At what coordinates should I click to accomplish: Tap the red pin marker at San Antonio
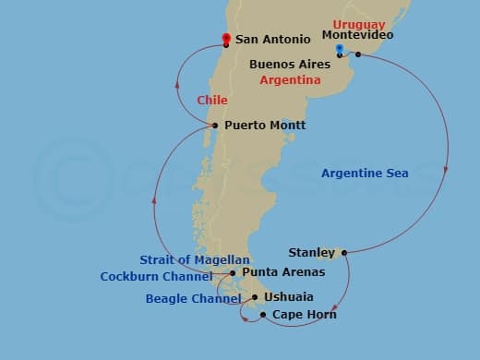[x=226, y=39]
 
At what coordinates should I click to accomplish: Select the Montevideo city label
[x=357, y=35]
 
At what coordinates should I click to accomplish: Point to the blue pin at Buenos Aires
[x=340, y=49]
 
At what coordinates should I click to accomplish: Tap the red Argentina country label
[x=290, y=80]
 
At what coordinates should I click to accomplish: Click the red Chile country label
[x=212, y=100]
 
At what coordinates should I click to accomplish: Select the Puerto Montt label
[x=265, y=125]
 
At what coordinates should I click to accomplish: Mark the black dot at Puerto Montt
[x=215, y=126]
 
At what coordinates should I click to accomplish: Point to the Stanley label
[x=311, y=252]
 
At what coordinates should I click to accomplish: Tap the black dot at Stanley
[x=343, y=252]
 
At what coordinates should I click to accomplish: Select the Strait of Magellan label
[x=195, y=259]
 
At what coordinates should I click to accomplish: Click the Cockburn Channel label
[x=156, y=276]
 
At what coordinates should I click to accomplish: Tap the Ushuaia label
[x=288, y=297]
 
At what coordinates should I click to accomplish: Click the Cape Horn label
[x=304, y=315]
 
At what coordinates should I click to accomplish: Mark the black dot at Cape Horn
[x=263, y=315]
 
